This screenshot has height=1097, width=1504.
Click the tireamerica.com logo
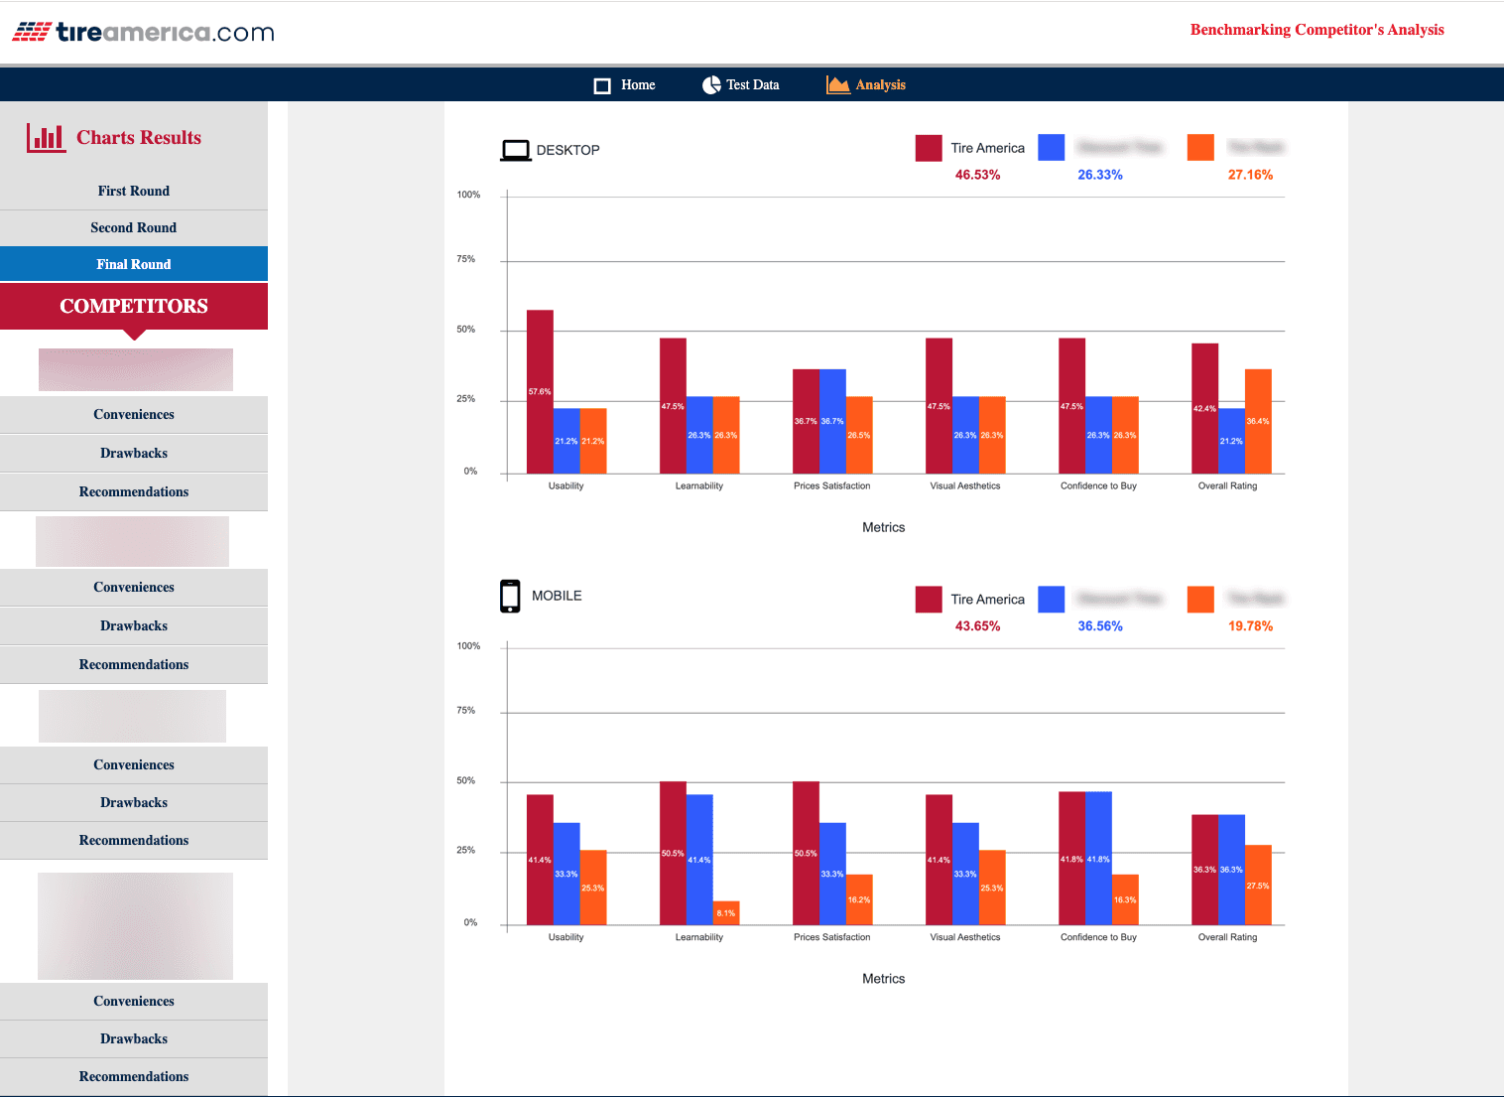143,32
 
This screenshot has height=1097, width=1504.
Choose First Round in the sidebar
134,191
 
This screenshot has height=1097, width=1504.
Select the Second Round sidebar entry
134,227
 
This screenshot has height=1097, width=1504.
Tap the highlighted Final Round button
134,264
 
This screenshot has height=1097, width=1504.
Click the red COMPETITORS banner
134,306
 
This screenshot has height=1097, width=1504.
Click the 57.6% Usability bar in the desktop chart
540,391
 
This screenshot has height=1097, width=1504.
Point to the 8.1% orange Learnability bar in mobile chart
726,912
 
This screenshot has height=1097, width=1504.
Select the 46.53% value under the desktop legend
977,175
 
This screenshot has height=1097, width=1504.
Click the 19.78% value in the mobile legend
1250,626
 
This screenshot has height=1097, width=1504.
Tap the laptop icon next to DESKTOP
516,150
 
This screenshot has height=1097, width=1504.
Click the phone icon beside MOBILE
510,596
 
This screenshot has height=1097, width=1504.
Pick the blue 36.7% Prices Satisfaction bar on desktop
832,421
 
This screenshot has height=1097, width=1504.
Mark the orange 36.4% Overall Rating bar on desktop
1258,421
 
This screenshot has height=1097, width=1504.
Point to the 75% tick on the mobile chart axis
465,711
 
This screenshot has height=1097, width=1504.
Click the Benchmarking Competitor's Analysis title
1316,30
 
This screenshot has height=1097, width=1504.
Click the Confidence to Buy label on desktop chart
1098,486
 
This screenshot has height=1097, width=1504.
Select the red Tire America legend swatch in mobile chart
929,600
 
